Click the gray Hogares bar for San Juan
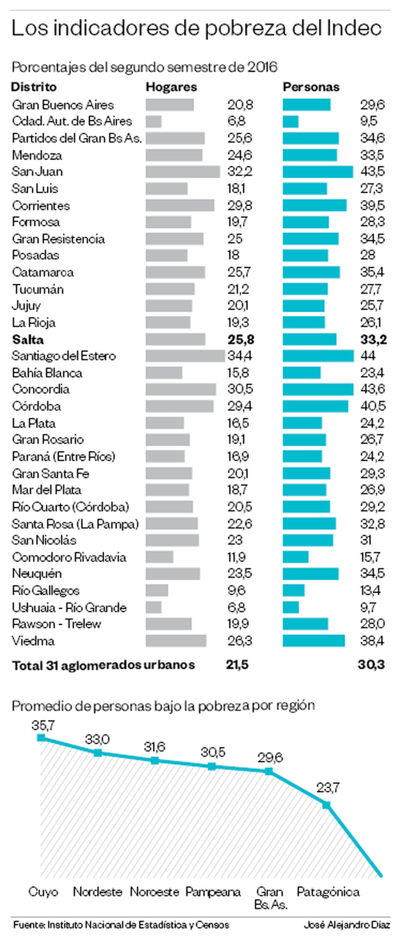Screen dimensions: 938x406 183,172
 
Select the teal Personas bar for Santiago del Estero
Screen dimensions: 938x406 318,356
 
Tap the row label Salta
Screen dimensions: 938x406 28,340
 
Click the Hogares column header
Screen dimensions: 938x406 171,87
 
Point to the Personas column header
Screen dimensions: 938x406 311,87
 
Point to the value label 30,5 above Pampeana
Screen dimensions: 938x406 213,752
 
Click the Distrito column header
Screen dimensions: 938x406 34,87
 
